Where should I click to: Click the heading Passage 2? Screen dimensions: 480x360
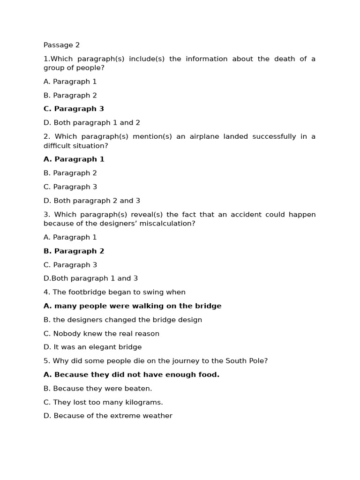[61, 45]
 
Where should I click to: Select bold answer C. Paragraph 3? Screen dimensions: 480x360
[74, 109]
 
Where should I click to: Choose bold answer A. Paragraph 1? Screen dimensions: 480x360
[74, 159]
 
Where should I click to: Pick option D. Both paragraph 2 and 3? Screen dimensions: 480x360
[91, 201]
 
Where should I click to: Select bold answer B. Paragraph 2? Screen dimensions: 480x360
[74, 251]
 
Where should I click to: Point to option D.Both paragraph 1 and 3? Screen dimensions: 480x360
[90, 278]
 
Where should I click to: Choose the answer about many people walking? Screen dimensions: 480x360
[132, 306]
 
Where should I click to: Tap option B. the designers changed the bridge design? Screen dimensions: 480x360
[122, 320]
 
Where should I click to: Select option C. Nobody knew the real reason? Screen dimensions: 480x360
[101, 334]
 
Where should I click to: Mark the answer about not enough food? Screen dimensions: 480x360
[131, 375]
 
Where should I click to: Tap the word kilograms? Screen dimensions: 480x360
[143, 402]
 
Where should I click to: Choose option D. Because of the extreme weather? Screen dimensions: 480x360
[108, 416]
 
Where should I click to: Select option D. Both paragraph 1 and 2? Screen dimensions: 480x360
[91, 123]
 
